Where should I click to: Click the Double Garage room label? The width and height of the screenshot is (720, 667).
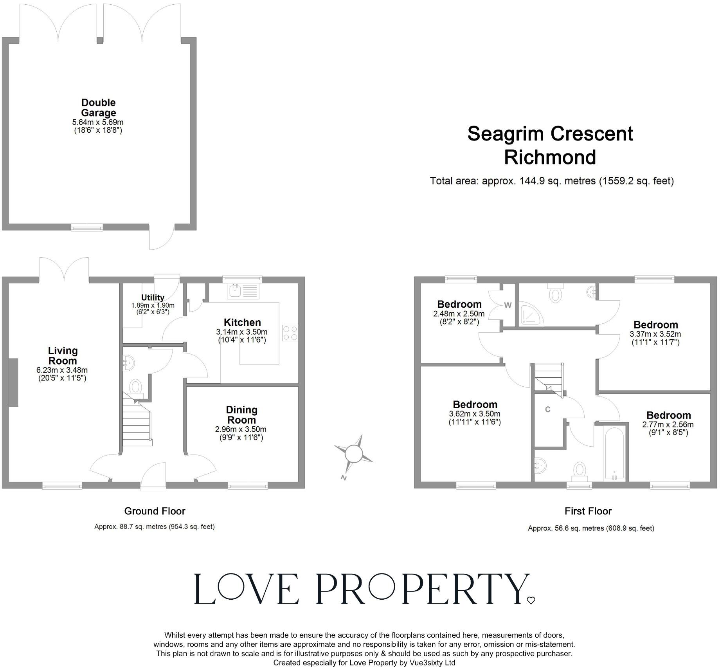[98, 108]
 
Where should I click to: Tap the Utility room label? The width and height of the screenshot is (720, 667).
[153, 297]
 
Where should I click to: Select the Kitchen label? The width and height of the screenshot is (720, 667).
[242, 323]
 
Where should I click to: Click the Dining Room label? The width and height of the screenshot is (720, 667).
[241, 415]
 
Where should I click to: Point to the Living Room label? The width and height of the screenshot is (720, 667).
[63, 356]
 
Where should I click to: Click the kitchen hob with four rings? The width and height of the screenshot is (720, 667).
[290, 333]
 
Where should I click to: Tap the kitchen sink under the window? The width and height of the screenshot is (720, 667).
[236, 291]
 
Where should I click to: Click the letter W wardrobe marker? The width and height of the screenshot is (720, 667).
[508, 305]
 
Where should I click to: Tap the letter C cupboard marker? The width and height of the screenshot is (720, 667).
[548, 409]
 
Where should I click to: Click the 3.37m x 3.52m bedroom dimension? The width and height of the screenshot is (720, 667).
[655, 334]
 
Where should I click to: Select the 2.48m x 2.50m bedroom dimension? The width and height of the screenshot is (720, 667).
[459, 314]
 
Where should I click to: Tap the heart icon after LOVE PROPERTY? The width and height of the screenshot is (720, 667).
[531, 600]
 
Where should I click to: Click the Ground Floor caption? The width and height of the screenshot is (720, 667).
[155, 511]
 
